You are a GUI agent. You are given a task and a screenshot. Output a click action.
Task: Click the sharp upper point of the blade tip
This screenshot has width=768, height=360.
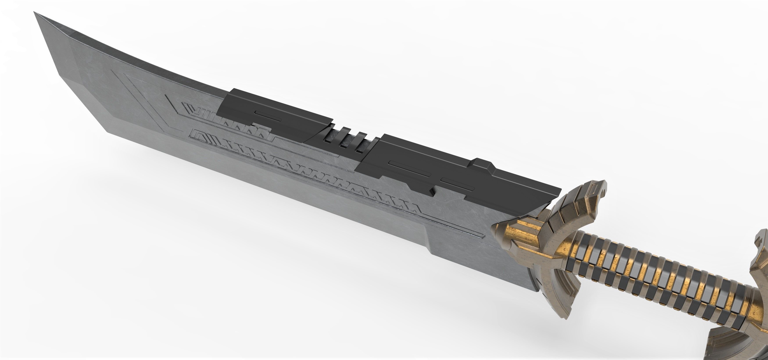pos(35,13)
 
